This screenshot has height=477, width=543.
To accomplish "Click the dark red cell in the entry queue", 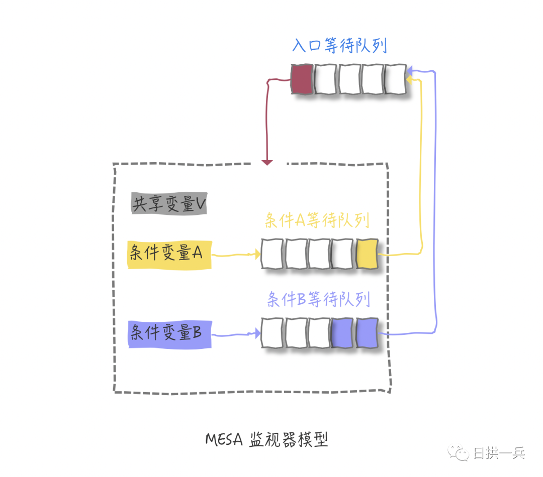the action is [x=302, y=79].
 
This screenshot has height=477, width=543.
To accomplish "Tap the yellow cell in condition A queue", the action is [x=367, y=254].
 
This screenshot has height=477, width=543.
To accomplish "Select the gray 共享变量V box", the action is [x=169, y=204].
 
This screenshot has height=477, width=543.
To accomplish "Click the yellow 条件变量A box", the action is [x=170, y=255].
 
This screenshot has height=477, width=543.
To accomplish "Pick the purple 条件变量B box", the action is [x=170, y=334].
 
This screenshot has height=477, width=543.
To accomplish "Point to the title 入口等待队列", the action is [x=340, y=46].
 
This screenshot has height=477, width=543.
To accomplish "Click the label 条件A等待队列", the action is [x=317, y=220].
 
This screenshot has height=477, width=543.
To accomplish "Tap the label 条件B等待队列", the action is [x=319, y=299].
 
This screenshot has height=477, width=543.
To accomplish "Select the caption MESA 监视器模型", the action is [x=266, y=440].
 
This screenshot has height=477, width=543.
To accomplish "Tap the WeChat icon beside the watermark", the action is [x=459, y=452].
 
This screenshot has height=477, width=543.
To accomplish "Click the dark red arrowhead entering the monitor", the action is [x=267, y=163].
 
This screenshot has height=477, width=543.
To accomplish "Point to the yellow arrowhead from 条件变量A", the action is [x=257, y=254].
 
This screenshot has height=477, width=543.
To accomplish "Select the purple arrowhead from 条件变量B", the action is [x=257, y=333].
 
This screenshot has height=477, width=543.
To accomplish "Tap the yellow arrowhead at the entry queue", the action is [x=409, y=80].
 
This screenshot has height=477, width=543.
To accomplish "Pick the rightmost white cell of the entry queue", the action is [x=396, y=79].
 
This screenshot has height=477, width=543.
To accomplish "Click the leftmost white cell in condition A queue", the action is [x=272, y=254].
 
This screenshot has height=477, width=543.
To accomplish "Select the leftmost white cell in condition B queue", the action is [x=272, y=333].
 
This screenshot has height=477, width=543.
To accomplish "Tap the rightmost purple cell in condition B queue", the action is [x=367, y=333].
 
